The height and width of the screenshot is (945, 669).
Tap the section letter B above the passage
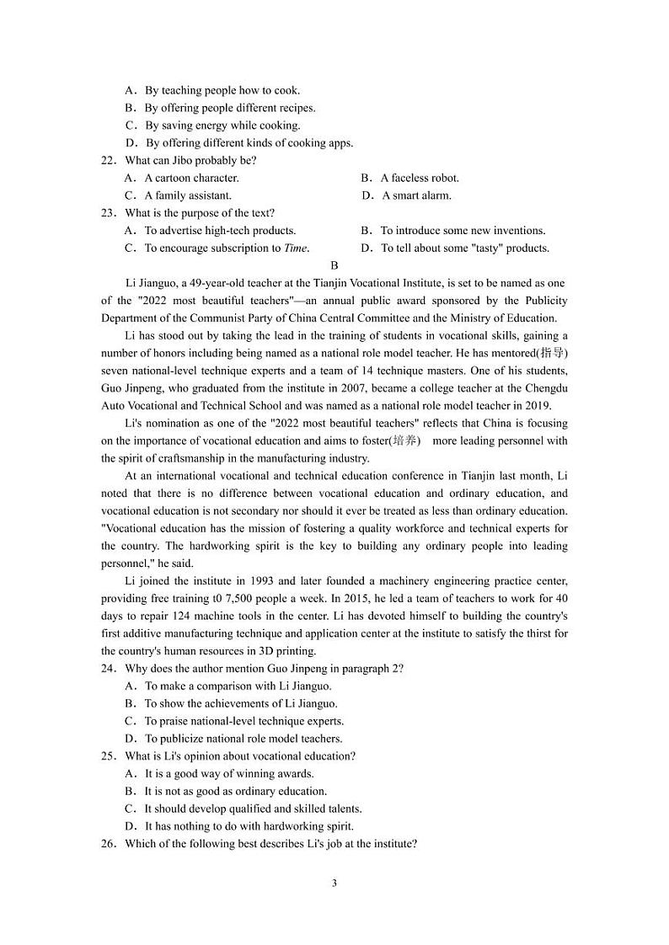[334, 265]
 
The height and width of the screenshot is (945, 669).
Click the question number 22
[108, 160]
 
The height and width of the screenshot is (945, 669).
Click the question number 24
[108, 668]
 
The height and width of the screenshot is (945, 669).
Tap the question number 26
[108, 843]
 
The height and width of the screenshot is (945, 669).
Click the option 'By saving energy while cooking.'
[222, 125]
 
